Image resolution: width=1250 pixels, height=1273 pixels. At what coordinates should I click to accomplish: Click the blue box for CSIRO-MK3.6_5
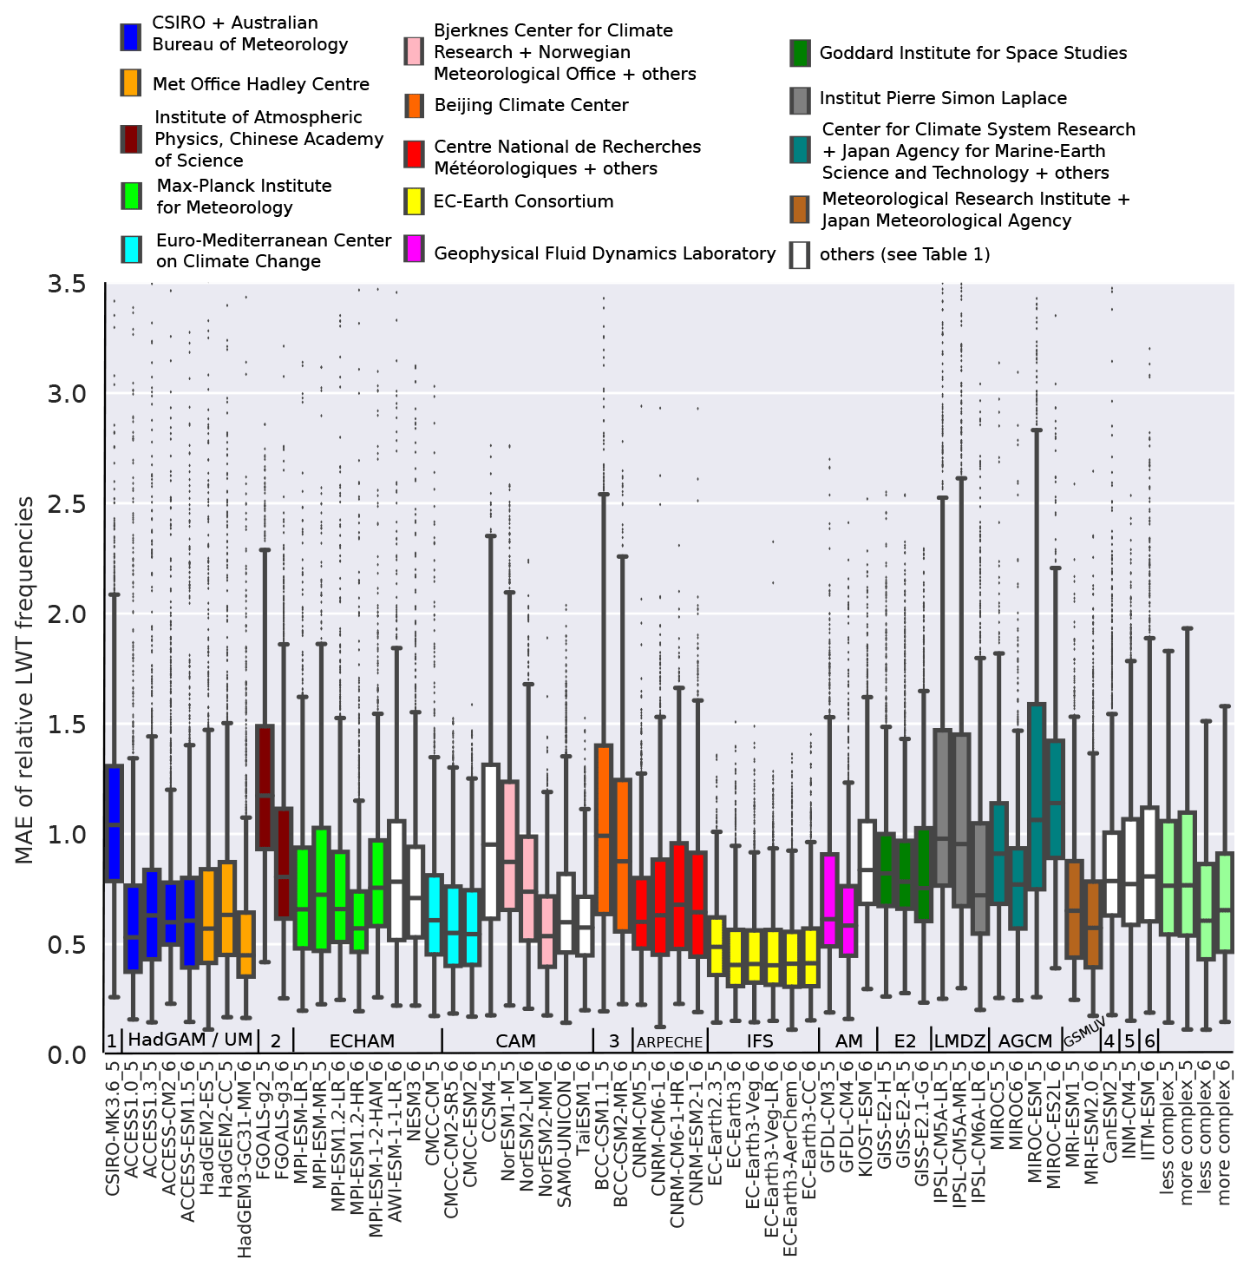click(114, 823)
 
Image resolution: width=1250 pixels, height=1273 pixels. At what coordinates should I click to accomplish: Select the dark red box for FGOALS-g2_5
click(265, 787)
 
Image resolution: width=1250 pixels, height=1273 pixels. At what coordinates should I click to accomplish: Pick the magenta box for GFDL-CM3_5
click(829, 899)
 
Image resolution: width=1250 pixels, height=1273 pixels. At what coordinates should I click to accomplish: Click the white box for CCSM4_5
click(490, 841)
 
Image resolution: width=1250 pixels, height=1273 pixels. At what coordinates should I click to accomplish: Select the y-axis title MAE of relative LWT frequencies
click(25, 680)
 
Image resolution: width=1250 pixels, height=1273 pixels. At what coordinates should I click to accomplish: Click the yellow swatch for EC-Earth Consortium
click(415, 202)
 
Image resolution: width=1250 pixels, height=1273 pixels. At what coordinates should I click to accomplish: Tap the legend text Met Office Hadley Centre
click(260, 84)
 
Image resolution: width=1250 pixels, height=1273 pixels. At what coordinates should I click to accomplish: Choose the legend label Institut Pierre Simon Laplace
click(943, 99)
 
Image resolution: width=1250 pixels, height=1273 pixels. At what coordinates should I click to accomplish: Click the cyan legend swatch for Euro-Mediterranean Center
click(131, 250)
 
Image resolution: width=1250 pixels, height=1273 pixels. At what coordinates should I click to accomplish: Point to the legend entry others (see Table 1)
click(905, 254)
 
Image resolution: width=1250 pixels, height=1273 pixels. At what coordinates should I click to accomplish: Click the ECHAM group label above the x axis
click(362, 1040)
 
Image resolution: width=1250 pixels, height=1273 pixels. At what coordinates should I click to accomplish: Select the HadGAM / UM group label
click(190, 1040)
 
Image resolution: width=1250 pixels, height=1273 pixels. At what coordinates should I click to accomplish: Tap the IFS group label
click(759, 1040)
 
